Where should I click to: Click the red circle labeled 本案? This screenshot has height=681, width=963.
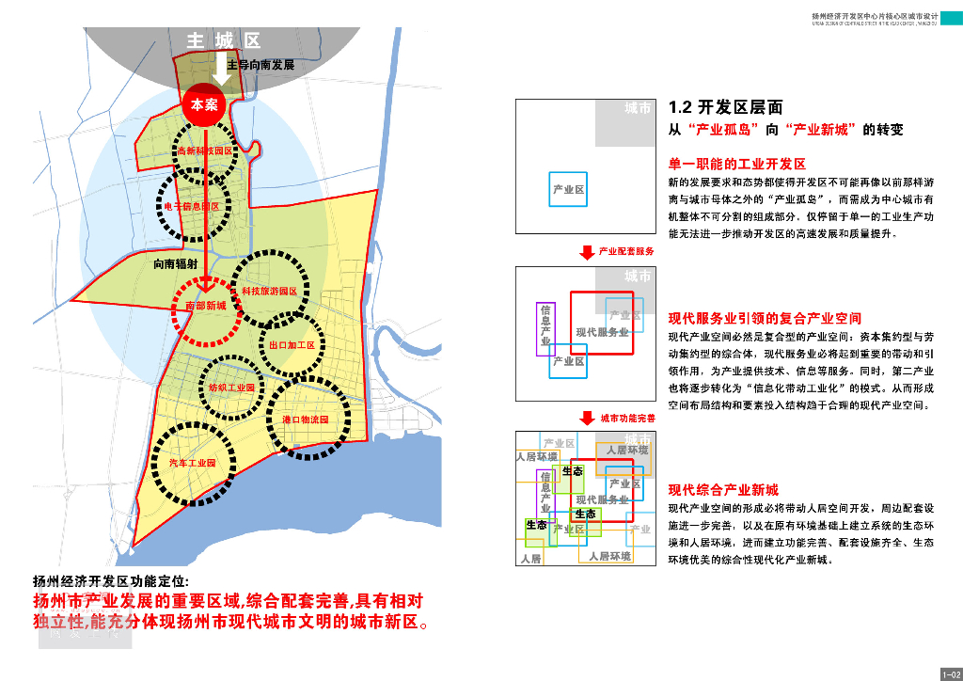click(x=204, y=104)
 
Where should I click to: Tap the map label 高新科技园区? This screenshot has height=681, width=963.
click(x=204, y=150)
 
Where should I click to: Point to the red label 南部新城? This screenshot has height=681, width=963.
click(x=206, y=306)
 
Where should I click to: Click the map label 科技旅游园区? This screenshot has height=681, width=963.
click(x=269, y=292)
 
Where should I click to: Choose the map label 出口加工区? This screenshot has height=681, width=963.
click(x=292, y=345)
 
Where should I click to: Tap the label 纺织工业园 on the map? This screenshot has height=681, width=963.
click(x=231, y=387)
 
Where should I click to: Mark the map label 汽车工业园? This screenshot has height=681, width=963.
click(x=193, y=463)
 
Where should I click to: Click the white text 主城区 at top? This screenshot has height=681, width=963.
click(x=223, y=40)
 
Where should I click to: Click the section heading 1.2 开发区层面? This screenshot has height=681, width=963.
click(x=724, y=108)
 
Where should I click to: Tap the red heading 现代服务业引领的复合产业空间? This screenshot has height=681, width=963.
click(x=765, y=318)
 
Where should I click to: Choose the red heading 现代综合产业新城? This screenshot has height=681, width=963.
click(x=723, y=490)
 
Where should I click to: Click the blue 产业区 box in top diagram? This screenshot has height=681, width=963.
click(x=568, y=190)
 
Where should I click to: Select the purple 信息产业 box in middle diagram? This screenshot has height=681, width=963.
click(x=545, y=328)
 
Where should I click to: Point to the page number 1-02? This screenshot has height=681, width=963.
click(x=949, y=673)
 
